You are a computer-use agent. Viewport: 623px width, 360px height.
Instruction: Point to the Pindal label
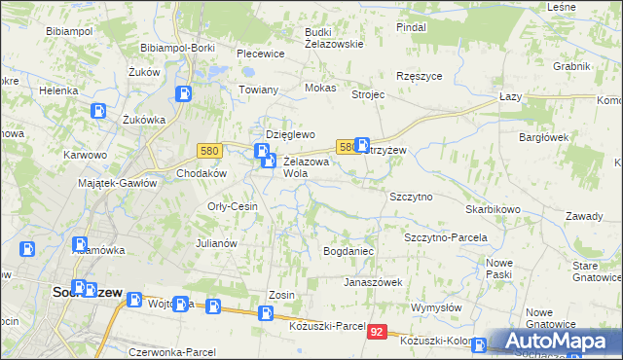412,27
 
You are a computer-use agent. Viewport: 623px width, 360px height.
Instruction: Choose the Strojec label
369,95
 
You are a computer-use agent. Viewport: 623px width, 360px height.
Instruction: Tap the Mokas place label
320,88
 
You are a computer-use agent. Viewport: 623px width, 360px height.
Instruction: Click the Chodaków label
202,173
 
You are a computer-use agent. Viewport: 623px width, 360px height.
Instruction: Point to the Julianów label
217,243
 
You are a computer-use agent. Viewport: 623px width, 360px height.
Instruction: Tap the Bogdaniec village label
348,251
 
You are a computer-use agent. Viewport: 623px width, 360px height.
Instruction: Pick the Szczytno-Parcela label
445,237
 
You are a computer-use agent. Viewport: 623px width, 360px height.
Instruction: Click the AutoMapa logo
557,342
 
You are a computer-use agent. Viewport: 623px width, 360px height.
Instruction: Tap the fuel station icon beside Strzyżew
362,144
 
